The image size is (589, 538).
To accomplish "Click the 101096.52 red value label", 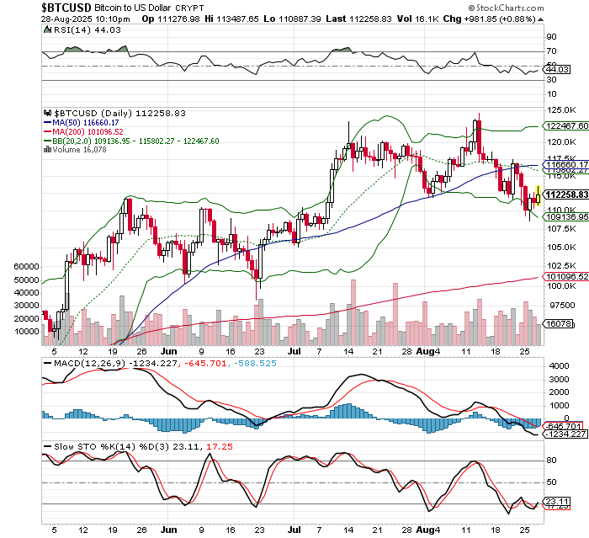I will [x=566, y=276].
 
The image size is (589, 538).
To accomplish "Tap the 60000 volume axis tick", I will [x=28, y=265].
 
